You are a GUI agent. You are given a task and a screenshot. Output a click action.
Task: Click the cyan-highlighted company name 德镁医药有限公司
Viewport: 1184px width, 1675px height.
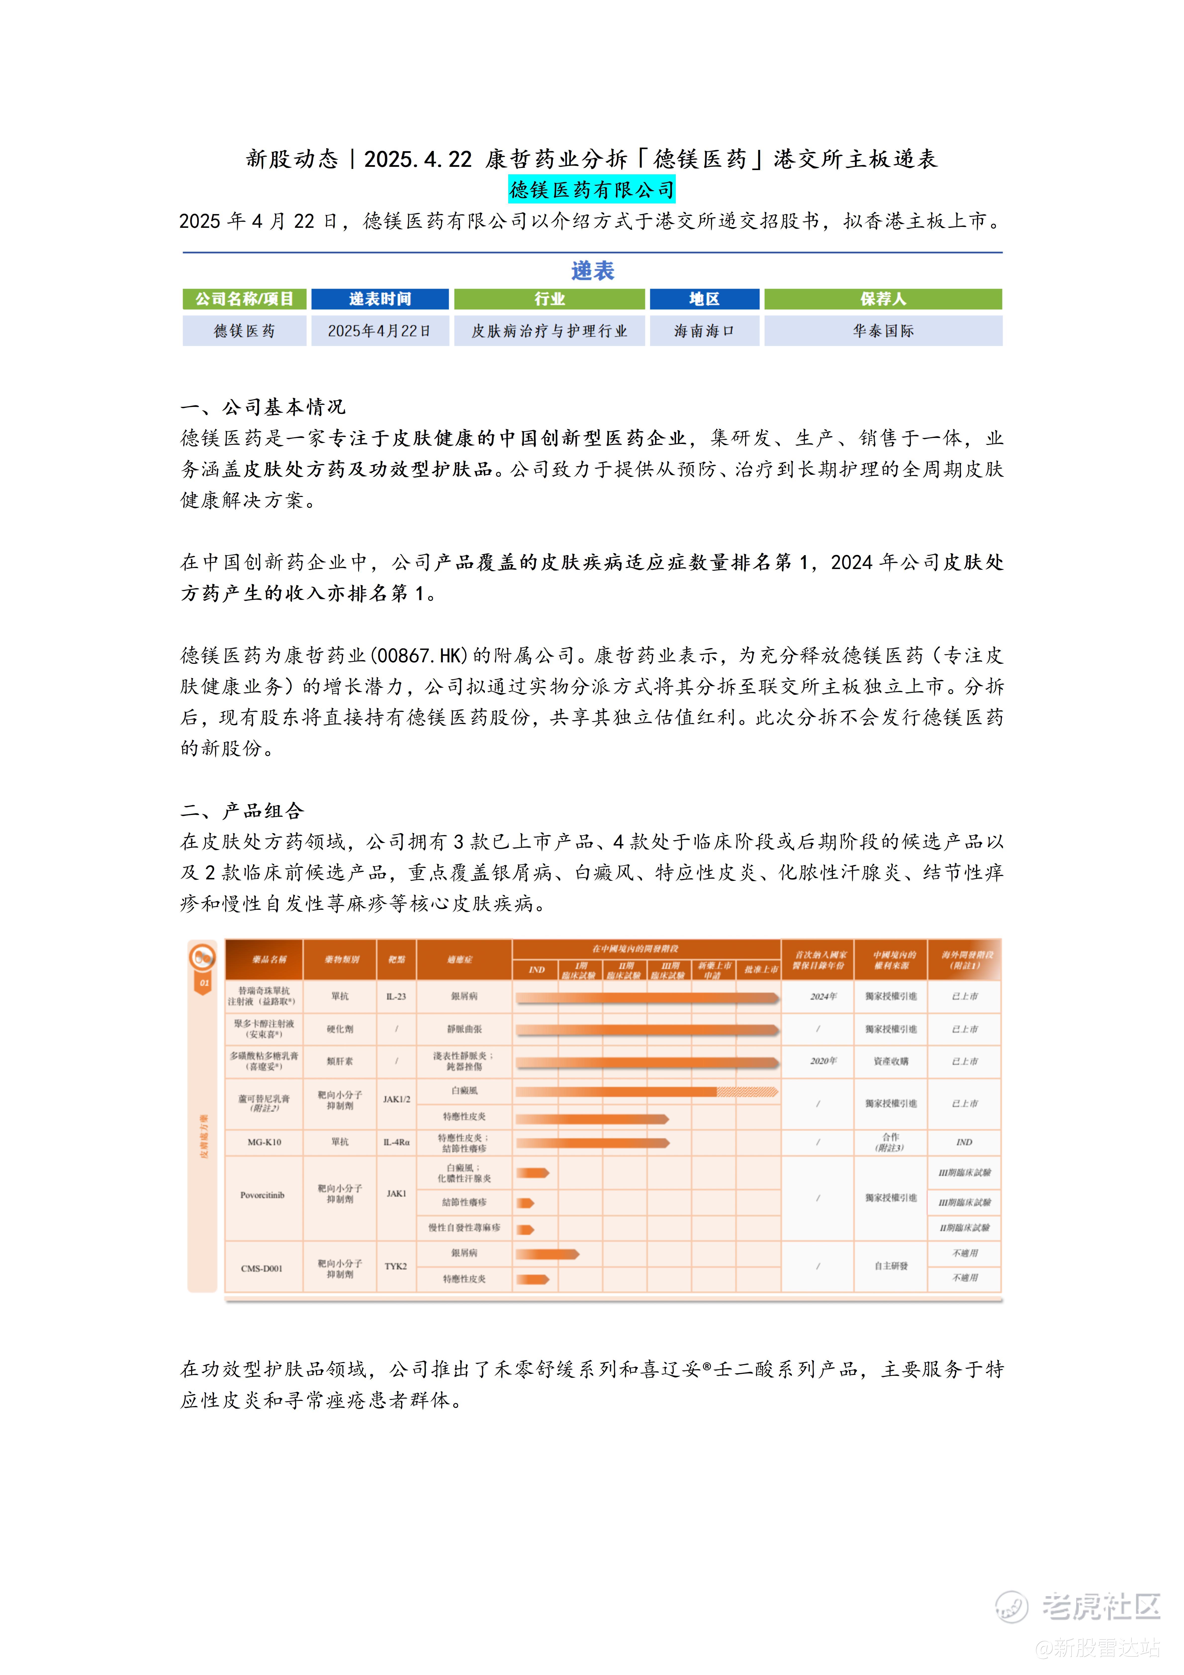tap(592, 190)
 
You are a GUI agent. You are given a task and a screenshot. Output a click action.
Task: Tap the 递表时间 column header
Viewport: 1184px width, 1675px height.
tap(379, 299)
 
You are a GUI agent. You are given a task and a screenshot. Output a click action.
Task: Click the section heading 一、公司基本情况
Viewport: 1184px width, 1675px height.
tap(263, 406)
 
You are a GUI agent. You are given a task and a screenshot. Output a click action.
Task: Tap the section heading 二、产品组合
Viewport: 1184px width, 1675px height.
tap(242, 811)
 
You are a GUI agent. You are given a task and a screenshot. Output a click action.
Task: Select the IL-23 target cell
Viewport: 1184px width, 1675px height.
tap(396, 997)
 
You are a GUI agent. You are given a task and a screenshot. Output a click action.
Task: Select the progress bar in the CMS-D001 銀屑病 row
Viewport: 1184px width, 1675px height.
tap(547, 1254)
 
